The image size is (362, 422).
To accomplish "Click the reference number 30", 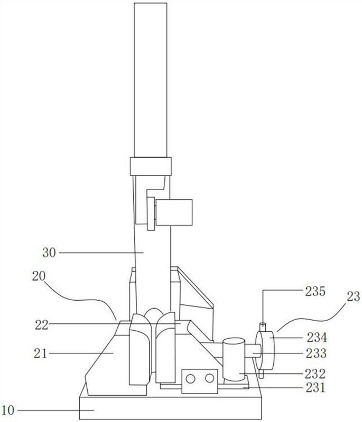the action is pyautogui.click(x=49, y=253).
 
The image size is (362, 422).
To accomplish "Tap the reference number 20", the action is pyautogui.click(x=39, y=276).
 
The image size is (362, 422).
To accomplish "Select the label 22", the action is pyautogui.click(x=42, y=325).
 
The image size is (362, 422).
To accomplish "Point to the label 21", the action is pyautogui.click(x=41, y=353).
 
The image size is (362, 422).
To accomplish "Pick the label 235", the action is pyautogui.click(x=315, y=291).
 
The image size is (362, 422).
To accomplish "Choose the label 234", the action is pyautogui.click(x=317, y=338).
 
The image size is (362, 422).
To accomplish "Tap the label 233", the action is pyautogui.click(x=316, y=353).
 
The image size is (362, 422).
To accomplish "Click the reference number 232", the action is pyautogui.click(x=315, y=373).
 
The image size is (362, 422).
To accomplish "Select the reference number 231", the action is pyautogui.click(x=315, y=388).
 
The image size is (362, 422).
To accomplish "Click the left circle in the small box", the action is pyautogui.click(x=190, y=379).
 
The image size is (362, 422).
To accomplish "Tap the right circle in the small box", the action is pyautogui.click(x=209, y=378).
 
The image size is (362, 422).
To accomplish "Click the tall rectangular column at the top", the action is pyautogui.click(x=151, y=80).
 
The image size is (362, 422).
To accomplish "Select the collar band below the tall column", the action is pyautogui.click(x=151, y=166).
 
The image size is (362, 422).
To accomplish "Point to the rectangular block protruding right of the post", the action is pyautogui.click(x=174, y=213).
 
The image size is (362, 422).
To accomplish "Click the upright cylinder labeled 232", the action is pyautogui.click(x=234, y=359).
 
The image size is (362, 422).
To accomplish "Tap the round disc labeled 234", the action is pyautogui.click(x=265, y=350).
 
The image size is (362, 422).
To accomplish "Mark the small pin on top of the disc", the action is pyautogui.click(x=263, y=327).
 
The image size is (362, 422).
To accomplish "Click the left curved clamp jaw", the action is pyautogui.click(x=140, y=349).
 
